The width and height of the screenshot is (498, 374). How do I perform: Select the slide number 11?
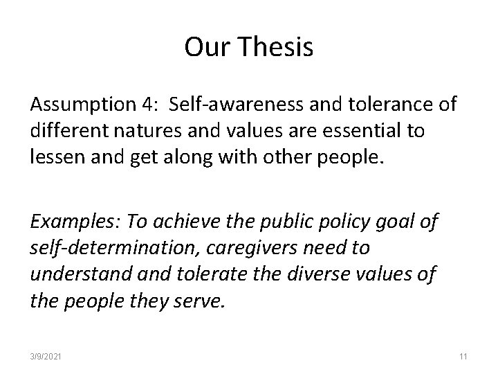click(463, 357)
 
